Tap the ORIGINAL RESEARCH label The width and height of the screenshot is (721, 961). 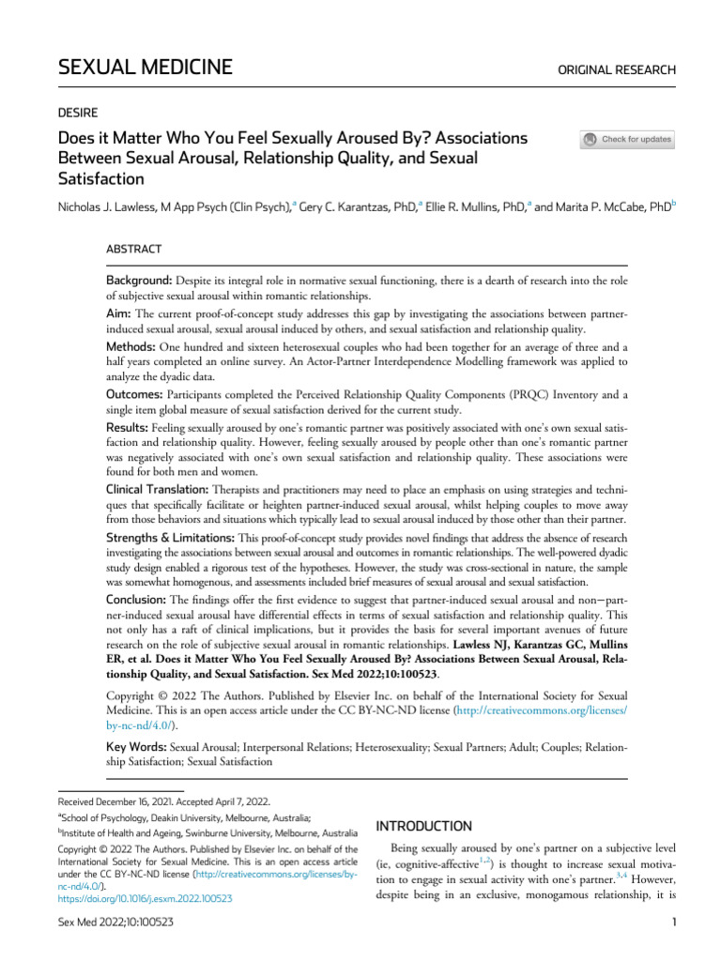click(x=617, y=69)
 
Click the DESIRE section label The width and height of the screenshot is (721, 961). click(x=79, y=111)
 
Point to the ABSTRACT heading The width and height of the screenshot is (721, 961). click(x=133, y=249)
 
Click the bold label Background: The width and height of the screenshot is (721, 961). click(x=138, y=282)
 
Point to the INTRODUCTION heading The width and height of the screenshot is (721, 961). click(x=423, y=826)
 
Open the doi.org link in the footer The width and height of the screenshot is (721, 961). click(x=146, y=898)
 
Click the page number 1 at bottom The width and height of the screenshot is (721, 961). click(x=674, y=923)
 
